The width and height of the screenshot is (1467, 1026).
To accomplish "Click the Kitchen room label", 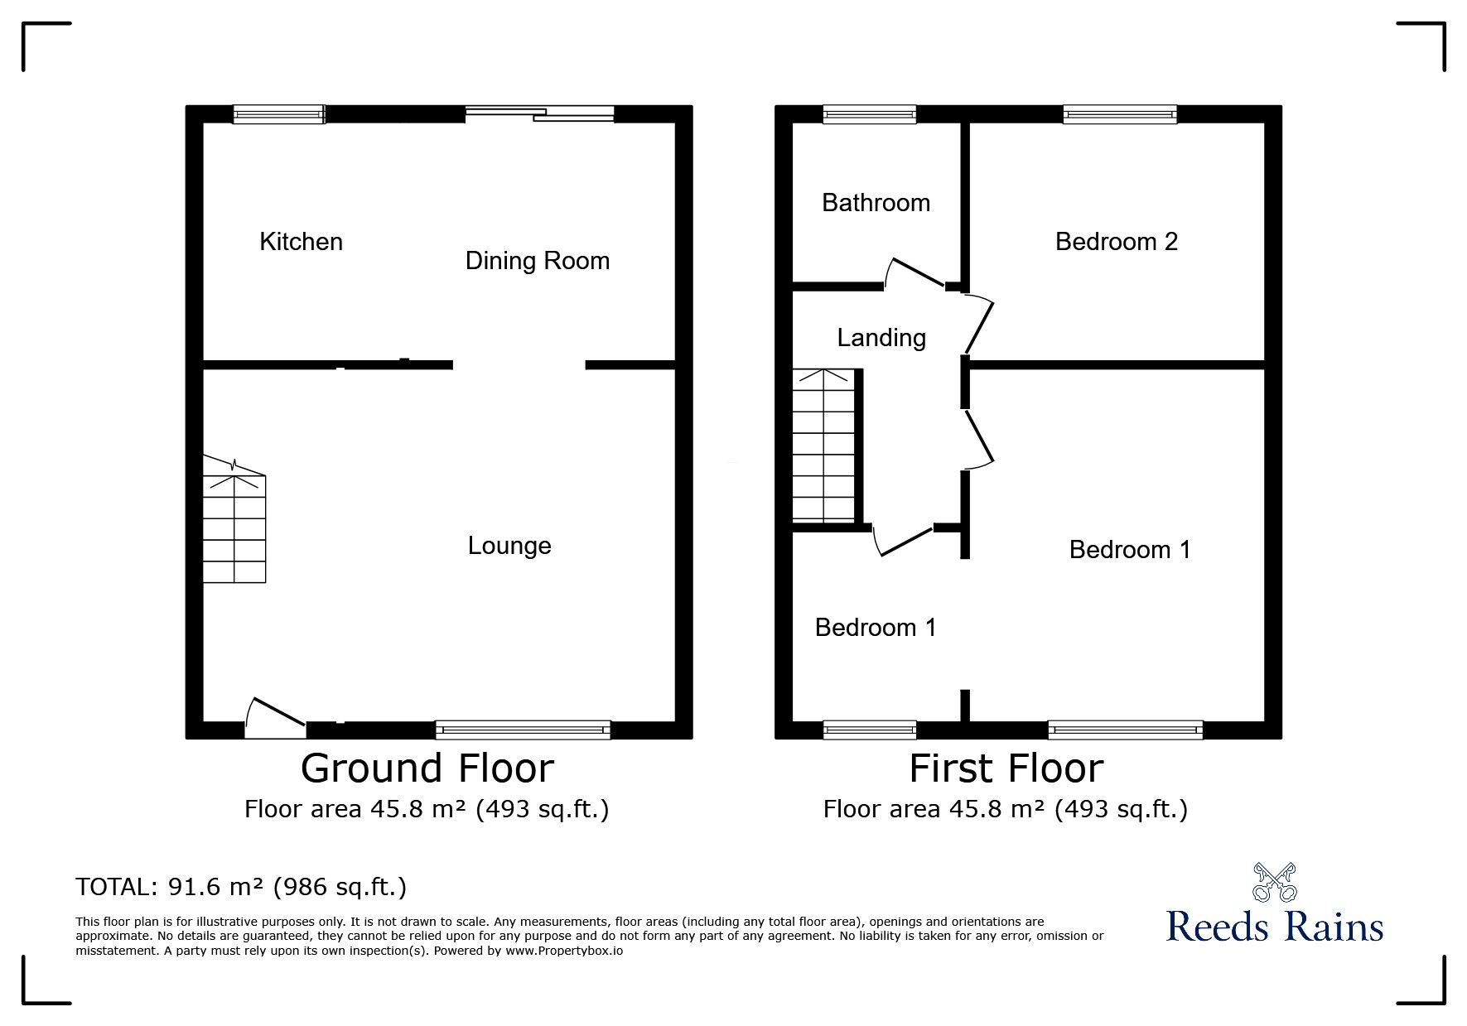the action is [301, 242].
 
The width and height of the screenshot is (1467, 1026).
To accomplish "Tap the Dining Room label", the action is [538, 262].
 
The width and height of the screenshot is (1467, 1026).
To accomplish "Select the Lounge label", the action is [509, 547].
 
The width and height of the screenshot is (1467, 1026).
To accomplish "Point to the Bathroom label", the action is [876, 203].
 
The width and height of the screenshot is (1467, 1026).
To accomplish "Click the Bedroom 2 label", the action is [1117, 242].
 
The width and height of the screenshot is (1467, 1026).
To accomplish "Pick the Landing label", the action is [881, 339].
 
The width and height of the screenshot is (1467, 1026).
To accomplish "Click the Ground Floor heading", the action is [427, 768].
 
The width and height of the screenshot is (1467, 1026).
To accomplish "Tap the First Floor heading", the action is [1006, 768].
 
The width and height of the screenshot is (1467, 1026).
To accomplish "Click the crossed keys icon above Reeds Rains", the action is [1274, 883].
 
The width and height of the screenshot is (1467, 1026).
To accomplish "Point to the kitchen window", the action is [278, 114].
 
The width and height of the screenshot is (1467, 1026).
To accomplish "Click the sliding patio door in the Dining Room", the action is [539, 114].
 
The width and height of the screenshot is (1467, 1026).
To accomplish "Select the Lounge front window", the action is [523, 730].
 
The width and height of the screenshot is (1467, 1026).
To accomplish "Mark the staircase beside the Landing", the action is [823, 445].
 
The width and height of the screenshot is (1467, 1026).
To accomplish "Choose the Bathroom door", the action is [917, 272].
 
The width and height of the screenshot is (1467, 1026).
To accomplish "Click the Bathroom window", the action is [870, 114].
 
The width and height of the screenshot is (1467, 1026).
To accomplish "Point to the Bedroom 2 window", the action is [1120, 114].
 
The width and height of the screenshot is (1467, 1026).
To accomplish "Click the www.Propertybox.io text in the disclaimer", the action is [564, 951].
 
